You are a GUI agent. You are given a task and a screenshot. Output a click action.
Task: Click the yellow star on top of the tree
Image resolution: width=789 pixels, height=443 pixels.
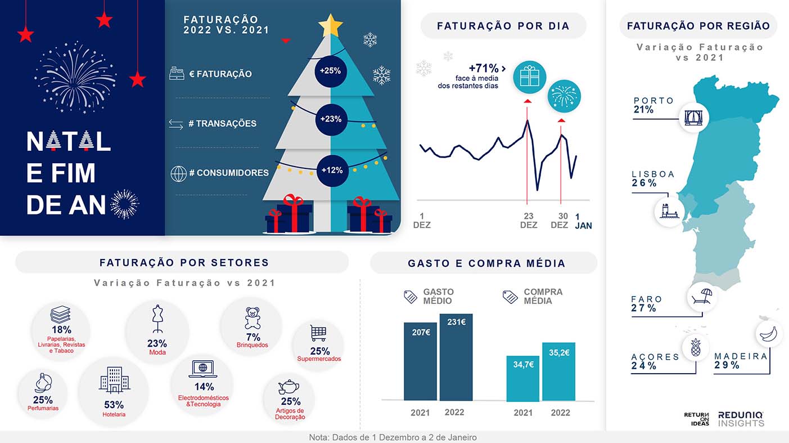(330, 25)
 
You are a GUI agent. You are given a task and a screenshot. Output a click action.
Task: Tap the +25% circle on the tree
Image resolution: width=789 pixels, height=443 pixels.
(331, 71)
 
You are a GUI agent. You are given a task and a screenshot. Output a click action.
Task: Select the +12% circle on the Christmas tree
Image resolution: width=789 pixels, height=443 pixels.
(332, 170)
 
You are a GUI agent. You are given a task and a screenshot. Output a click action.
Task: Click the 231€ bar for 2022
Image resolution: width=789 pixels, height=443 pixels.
(456, 357)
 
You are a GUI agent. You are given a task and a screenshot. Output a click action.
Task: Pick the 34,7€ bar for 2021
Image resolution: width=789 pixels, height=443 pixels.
(522, 378)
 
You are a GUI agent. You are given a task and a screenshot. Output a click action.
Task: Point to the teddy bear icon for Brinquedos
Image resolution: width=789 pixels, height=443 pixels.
(253, 318)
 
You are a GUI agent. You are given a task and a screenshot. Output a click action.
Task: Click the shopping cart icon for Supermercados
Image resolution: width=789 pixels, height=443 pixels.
(318, 333)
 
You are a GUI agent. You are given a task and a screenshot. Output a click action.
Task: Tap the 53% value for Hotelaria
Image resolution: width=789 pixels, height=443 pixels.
(114, 405)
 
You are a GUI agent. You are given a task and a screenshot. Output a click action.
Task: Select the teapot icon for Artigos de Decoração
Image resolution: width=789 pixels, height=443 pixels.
(288, 387)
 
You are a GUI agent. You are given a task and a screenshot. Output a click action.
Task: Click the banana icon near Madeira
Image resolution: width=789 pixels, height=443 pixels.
(768, 334)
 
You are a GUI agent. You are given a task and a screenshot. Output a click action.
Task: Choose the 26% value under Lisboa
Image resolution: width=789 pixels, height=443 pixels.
(644, 184)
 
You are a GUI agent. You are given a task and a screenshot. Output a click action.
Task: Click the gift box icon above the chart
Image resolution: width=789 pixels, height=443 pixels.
(529, 77)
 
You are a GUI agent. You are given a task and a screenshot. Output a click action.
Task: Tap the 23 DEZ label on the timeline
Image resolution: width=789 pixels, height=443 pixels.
(529, 221)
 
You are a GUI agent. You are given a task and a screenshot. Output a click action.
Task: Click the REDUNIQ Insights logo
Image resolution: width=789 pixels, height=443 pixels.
(741, 419)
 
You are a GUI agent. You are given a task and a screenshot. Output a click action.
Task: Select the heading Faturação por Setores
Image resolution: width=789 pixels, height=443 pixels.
(184, 263)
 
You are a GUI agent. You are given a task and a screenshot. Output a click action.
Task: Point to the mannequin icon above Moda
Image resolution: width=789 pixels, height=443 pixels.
(157, 319)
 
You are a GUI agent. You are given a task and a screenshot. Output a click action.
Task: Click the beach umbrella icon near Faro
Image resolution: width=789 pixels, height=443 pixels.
(702, 296)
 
